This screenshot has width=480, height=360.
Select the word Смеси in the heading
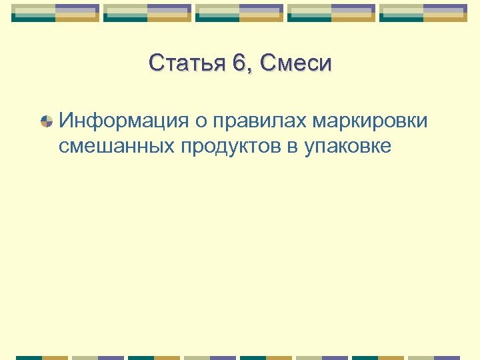296,64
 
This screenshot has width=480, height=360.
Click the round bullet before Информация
47,122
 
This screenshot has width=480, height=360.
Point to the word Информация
126,122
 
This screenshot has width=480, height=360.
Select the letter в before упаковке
293,147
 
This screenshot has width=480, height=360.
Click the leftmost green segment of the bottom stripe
29,357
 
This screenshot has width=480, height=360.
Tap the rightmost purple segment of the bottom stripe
447,357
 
